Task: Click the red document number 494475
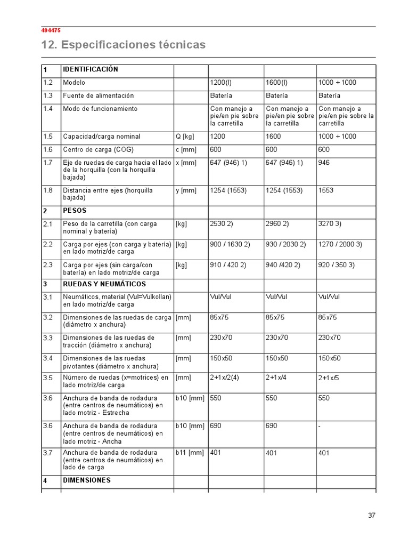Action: tap(51, 30)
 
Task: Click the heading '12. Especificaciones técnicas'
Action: tap(123, 45)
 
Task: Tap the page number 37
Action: tap(371, 515)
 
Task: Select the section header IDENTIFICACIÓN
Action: tap(90, 69)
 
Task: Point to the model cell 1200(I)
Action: tap(221, 83)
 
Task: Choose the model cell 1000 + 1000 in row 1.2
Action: tap(337, 83)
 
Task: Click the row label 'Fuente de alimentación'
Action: tap(98, 95)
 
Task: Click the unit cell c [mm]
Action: tap(185, 149)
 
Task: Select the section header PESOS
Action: tap(75, 211)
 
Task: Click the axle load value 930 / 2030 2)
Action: tap(285, 244)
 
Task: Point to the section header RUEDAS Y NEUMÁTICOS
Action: tap(104, 284)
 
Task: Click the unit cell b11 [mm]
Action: tap(190, 453)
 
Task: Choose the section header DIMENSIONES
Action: tap(87, 480)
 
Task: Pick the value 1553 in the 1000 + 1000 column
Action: tap(326, 190)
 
